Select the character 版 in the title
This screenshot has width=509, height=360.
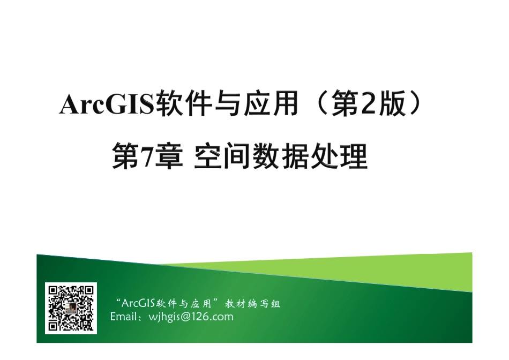pos(390,105)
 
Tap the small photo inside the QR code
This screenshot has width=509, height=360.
pos(70,309)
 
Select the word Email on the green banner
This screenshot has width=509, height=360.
pos(123,317)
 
